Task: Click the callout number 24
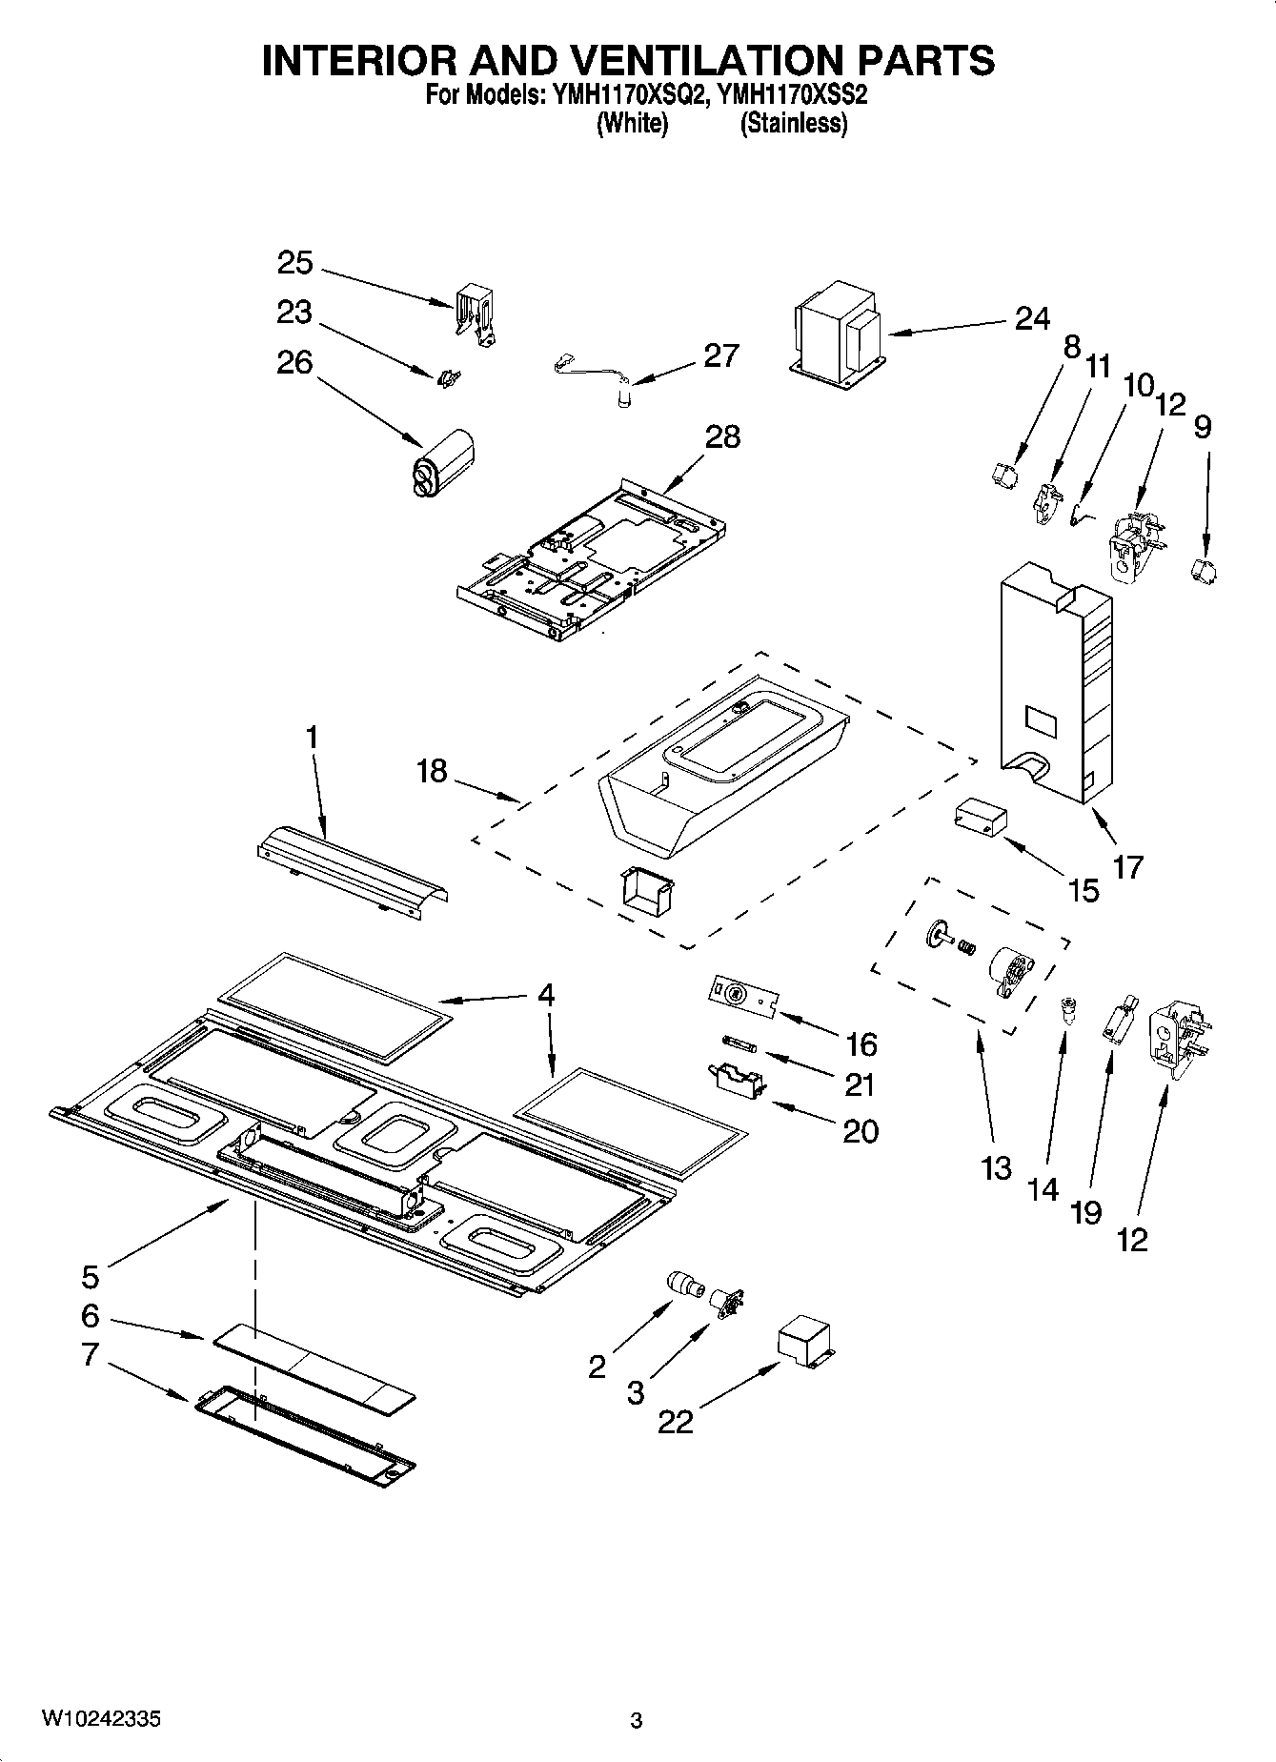pos(1032,318)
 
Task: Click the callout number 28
pos(722,437)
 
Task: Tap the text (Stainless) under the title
pos(794,123)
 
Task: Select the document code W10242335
pos(99,1719)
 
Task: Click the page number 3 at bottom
pos(637,1721)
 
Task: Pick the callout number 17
pos(1127,867)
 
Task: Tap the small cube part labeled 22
pos(804,1343)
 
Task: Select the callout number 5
pos(90,1276)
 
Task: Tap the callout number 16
pos(861,1044)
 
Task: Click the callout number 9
pos(1203,426)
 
